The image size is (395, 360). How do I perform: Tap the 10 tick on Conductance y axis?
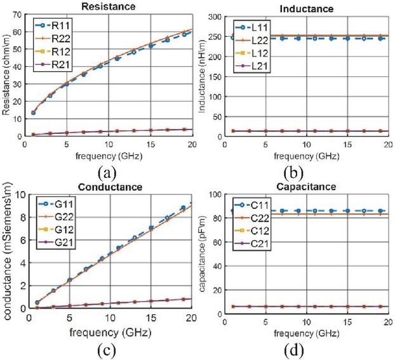(20, 195)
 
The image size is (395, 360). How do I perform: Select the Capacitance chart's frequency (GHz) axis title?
(307, 334)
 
